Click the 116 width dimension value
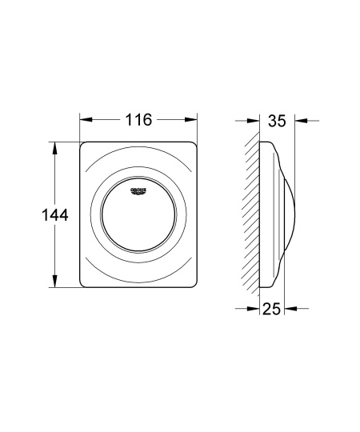138,121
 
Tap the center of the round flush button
139,215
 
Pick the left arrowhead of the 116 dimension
84,121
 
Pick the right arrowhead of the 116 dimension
193,121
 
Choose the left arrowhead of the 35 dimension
255,121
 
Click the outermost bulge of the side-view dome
295,215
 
